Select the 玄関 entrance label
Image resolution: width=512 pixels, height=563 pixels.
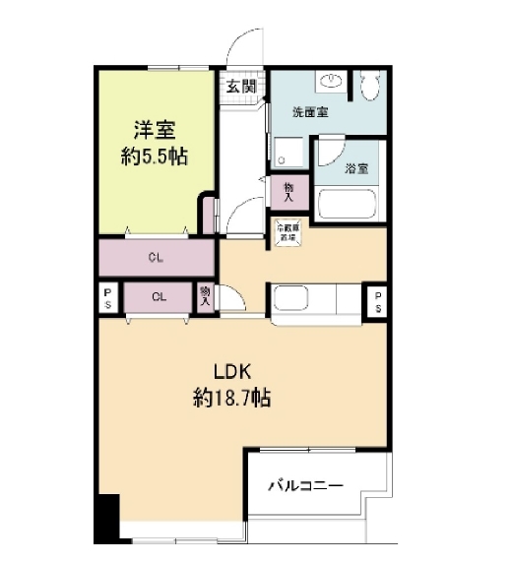coord(240,87)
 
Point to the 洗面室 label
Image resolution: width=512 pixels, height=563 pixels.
coord(310,113)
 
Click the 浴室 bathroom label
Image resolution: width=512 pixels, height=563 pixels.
coord(355,168)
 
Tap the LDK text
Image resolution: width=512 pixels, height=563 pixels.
coord(234,371)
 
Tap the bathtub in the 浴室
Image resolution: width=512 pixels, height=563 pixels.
coord(348,208)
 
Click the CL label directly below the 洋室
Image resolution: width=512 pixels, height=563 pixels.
coord(156,259)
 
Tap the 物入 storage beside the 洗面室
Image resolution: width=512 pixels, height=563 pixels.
coord(288,188)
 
